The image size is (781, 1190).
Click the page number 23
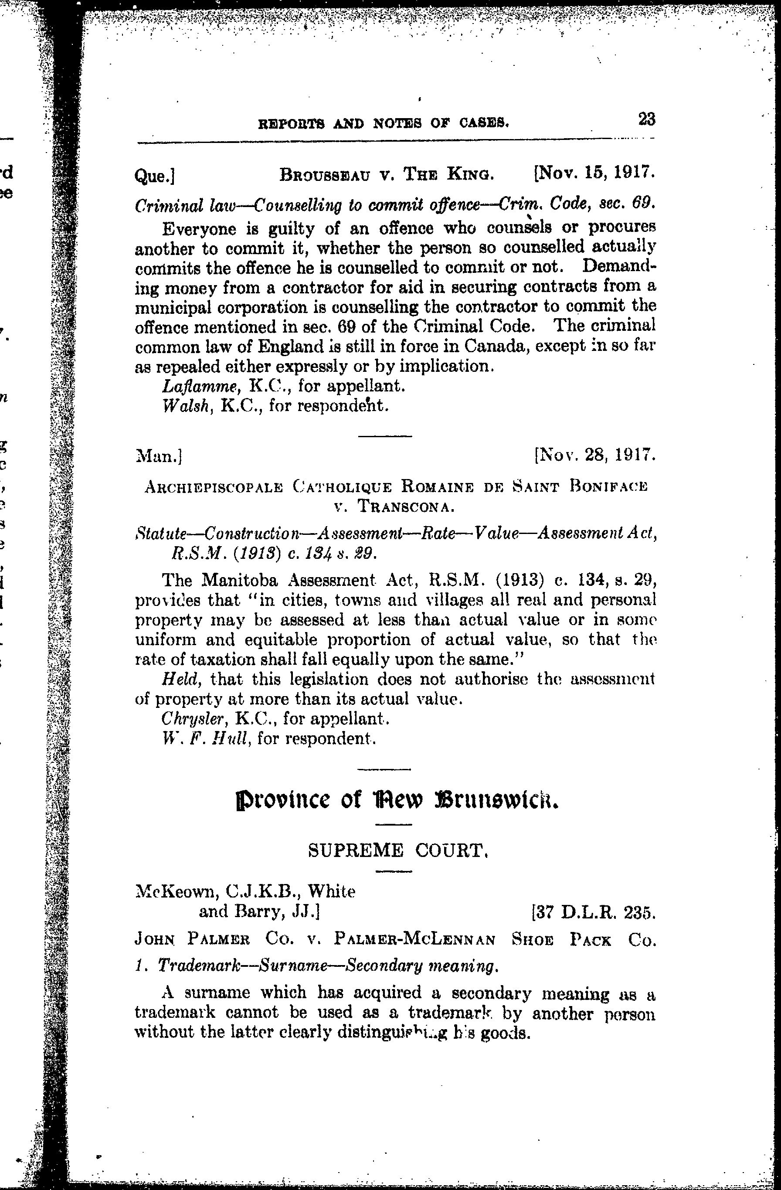[x=646, y=120]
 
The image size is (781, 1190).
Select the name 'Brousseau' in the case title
[x=322, y=174]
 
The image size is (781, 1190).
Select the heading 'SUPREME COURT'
[x=397, y=850]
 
